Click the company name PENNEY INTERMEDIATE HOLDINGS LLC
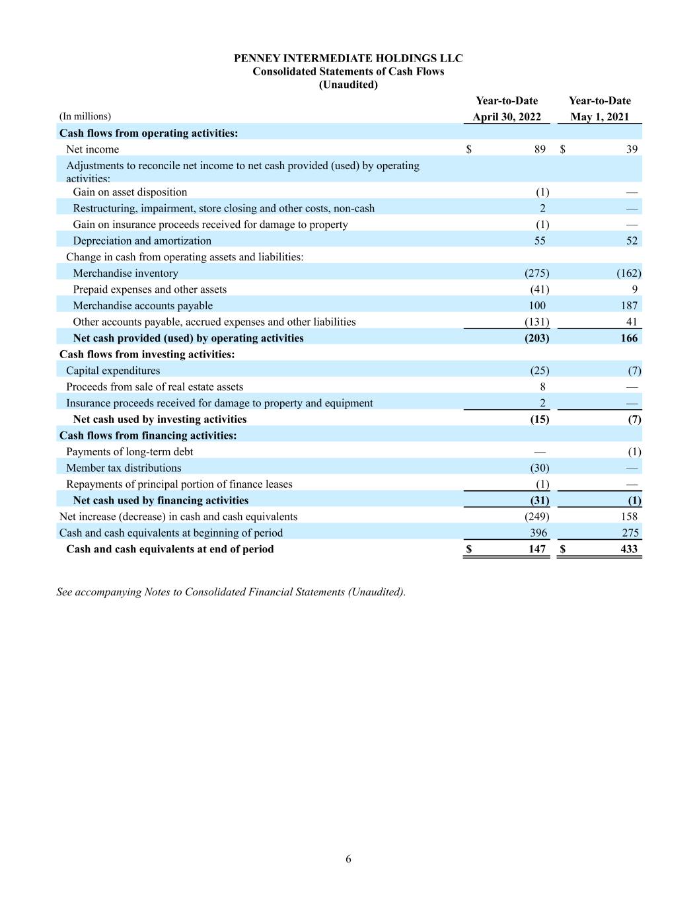pos(348,58)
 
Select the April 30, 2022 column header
pos(506,117)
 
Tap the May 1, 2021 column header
pos(599,117)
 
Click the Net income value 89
pos(540,149)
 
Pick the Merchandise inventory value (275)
pos(536,273)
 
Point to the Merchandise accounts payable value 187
pos(629,305)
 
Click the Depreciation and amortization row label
pos(142,241)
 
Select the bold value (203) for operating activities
pos(536,338)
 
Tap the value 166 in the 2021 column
pos(629,338)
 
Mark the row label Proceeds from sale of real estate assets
pos(155,387)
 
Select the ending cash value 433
pos(629,549)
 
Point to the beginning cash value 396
pos(538,533)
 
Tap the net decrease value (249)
pos(536,517)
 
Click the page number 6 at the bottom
pos(348,859)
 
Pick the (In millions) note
pos(85,116)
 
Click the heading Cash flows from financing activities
pos(148,435)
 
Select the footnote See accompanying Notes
pos(231,592)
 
